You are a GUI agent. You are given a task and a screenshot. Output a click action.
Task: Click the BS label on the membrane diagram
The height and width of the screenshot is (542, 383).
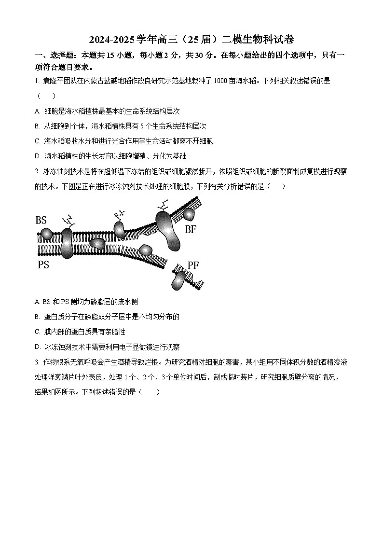coord(41,220)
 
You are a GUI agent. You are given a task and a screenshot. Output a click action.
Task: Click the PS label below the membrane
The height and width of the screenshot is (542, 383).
coord(43,264)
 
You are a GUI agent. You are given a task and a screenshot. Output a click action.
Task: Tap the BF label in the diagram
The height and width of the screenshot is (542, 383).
coord(191,229)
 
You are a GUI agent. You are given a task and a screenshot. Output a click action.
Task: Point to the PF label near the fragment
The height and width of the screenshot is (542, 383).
coord(193,265)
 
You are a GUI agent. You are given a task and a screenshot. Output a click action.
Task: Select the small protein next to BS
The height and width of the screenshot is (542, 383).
coord(46,235)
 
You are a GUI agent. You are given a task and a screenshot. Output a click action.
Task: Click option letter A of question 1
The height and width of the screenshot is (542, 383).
coord(37,111)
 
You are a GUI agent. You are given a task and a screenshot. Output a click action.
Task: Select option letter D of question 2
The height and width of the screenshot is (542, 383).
coord(37,347)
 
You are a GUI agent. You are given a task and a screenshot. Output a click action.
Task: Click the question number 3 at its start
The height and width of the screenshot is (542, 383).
coord(37,362)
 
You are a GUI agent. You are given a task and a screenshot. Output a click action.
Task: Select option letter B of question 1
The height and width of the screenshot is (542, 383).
coord(37,126)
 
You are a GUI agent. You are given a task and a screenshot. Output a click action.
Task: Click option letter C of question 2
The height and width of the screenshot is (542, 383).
coord(37,332)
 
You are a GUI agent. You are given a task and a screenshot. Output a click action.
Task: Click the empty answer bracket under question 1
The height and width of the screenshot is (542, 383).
coord(46,96)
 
